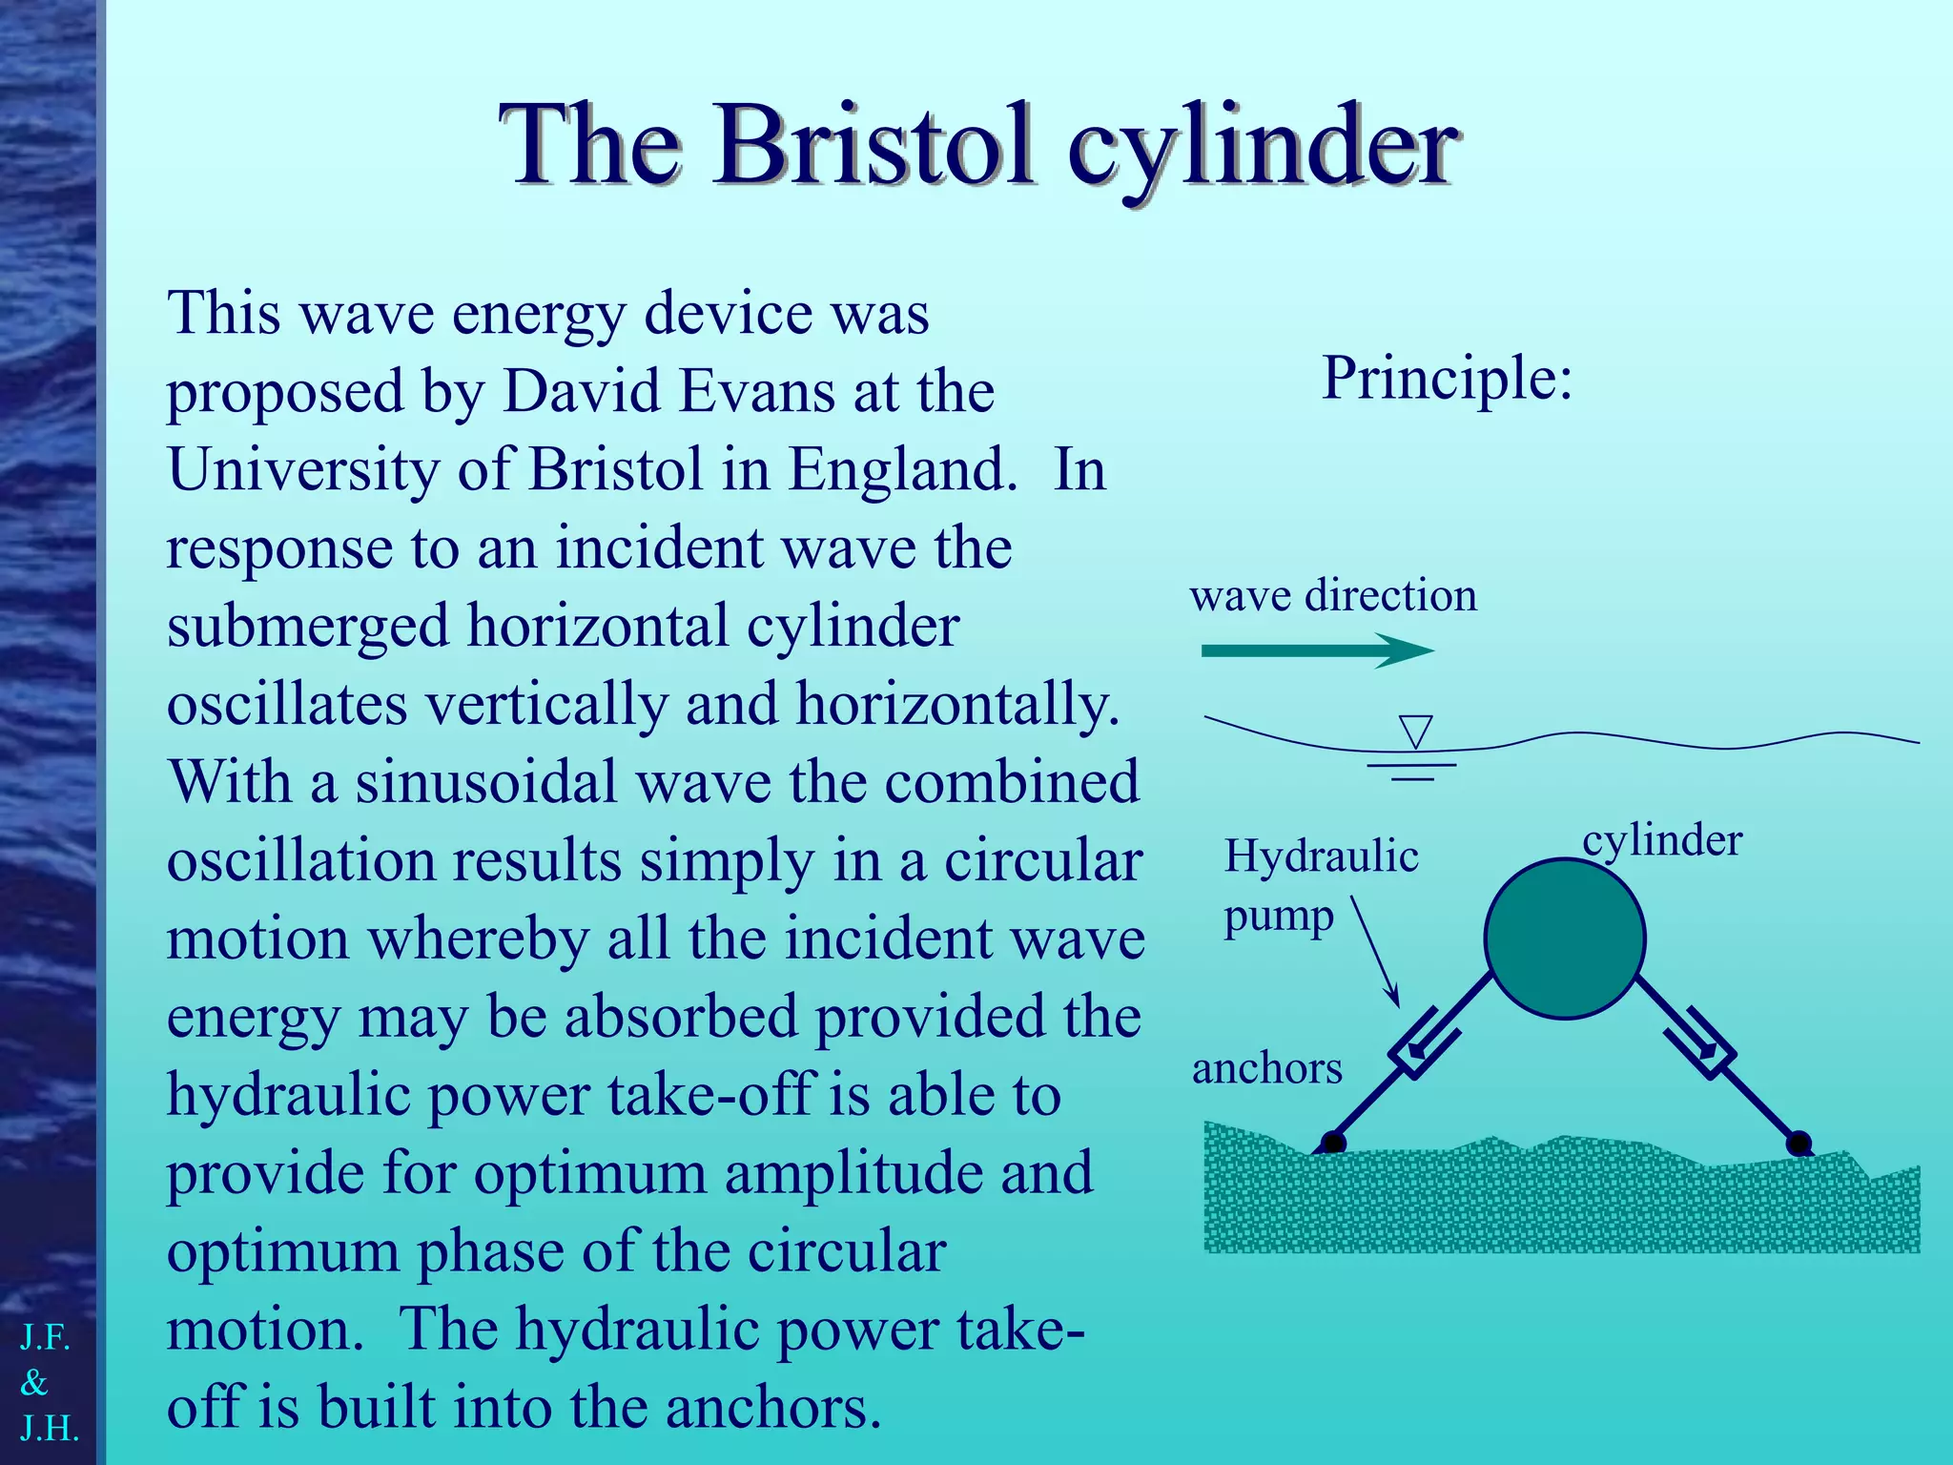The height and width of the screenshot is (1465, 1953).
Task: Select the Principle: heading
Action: [1446, 378]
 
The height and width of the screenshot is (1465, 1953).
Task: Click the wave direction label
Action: [1333, 595]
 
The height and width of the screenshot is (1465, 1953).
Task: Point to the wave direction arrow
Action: [1316, 651]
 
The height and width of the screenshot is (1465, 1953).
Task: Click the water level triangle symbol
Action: [1415, 732]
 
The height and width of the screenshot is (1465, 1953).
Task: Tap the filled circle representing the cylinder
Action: [1564, 939]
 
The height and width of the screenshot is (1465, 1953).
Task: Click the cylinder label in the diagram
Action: [1661, 840]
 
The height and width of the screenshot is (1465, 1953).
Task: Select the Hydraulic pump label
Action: [1320, 885]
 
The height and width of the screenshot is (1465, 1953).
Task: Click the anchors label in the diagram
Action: [1266, 1068]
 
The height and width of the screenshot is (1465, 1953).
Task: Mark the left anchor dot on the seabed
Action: [1333, 1143]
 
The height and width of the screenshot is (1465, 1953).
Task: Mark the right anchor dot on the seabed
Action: [1799, 1143]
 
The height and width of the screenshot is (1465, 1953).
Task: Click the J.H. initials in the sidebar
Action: [50, 1428]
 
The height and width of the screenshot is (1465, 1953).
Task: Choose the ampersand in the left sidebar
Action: [34, 1382]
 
